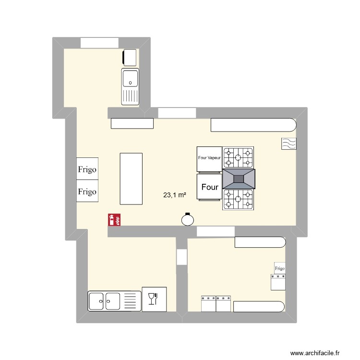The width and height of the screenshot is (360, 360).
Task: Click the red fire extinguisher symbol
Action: tap(114, 220)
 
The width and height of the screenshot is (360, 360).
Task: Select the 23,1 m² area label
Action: tap(175, 195)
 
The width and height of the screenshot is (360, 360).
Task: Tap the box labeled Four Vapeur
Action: tap(209, 158)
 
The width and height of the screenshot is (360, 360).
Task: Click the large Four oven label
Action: tap(209, 187)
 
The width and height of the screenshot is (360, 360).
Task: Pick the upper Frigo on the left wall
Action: tap(87, 169)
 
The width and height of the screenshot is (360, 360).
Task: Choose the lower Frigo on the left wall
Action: tap(87, 191)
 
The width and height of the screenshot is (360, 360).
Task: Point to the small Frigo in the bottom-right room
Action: tap(279, 268)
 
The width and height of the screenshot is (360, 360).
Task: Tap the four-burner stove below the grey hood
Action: tap(238, 200)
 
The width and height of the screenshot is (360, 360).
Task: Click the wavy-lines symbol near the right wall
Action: tap(289, 144)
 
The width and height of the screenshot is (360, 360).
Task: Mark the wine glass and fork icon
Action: tap(154, 299)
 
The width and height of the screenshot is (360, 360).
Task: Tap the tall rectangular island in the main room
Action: tap(131, 179)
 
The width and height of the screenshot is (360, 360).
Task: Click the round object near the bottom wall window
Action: tap(188, 219)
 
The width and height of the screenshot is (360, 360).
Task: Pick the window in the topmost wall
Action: tap(99, 42)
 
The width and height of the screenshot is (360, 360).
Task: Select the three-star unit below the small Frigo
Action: tap(278, 282)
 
